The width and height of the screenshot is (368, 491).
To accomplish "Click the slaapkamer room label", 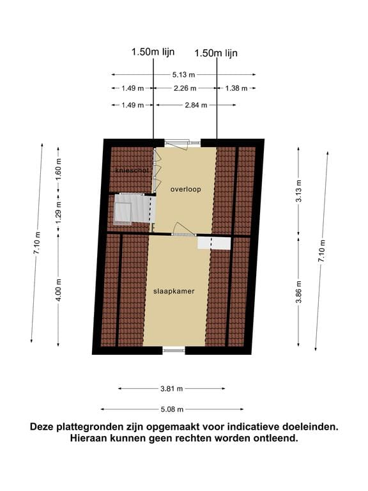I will coord(174,291).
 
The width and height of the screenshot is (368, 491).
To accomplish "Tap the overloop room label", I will coord(185,189).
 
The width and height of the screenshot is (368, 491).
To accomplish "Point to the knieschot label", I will coord(131,170).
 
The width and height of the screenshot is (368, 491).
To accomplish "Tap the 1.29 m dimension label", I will coord(59,212).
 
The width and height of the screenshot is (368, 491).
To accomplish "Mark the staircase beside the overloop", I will coord(131,209).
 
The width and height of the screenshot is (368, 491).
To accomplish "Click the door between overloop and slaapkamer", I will coord(183,232).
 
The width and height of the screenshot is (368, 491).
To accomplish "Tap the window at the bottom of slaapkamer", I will coord(173,349).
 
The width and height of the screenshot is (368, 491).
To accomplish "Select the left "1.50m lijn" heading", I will coord(153,53).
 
